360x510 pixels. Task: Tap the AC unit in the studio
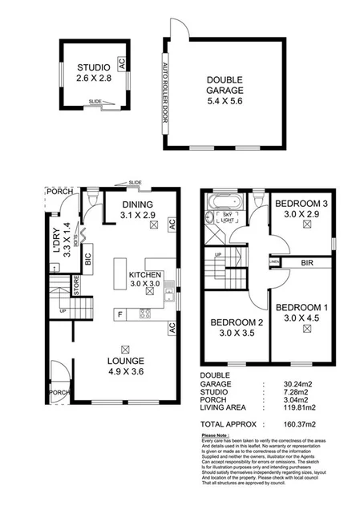pos(121,62)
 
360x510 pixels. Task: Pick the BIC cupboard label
pos(88,258)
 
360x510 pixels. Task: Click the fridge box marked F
pos(121,314)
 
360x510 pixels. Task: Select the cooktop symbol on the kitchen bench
pos(145,314)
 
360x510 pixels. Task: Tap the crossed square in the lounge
pos(124,347)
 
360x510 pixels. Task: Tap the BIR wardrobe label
pos(306,262)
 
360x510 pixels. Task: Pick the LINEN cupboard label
pos(274,262)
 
